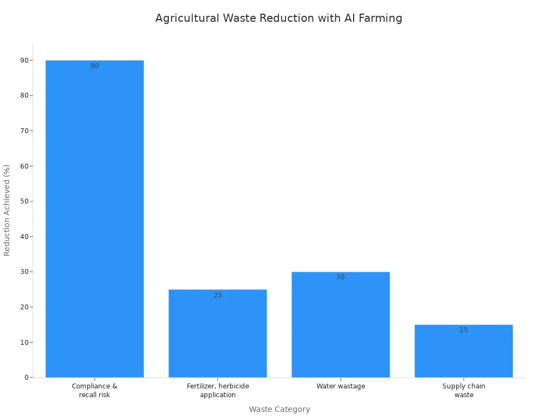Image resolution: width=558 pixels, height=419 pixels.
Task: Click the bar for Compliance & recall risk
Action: pyautogui.click(x=95, y=218)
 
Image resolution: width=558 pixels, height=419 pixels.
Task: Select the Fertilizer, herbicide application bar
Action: pyautogui.click(x=217, y=333)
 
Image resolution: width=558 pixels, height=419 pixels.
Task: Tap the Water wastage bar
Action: pyautogui.click(x=341, y=325)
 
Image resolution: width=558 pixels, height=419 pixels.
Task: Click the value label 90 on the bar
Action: pyautogui.click(x=95, y=66)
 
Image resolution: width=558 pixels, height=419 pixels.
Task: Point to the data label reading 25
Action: pyautogui.click(x=217, y=295)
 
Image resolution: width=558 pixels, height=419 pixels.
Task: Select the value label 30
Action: pyautogui.click(x=341, y=277)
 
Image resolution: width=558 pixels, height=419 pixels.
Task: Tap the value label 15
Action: pyautogui.click(x=463, y=330)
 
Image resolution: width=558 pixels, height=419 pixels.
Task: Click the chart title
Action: pyautogui.click(x=278, y=18)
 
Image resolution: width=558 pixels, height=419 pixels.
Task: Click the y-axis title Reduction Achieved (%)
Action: pyautogui.click(x=7, y=210)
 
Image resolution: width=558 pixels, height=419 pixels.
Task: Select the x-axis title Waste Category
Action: pyautogui.click(x=279, y=409)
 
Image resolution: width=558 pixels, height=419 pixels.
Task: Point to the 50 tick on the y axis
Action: pyautogui.click(x=25, y=201)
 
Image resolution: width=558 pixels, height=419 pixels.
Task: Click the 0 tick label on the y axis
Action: pyautogui.click(x=26, y=378)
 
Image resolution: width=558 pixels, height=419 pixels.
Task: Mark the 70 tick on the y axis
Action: pyautogui.click(x=25, y=131)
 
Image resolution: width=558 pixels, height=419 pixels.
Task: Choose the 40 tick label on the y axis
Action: pyautogui.click(x=25, y=236)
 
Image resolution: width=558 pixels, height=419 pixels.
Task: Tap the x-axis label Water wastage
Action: pyautogui.click(x=341, y=386)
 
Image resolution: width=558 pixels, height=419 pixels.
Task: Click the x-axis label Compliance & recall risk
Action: pyautogui.click(x=95, y=390)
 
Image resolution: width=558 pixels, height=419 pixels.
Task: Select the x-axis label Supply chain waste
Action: pyautogui.click(x=463, y=390)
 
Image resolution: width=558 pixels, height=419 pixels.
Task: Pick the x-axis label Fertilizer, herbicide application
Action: pyautogui.click(x=217, y=390)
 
